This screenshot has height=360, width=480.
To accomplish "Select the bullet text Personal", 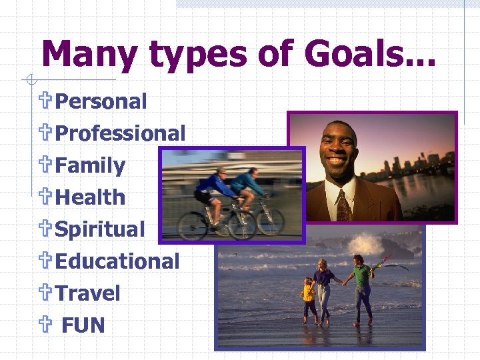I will click(101, 101).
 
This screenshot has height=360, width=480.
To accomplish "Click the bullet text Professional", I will click(120, 133).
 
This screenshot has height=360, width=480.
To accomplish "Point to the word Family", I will click(90, 165).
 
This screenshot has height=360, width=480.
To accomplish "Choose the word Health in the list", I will click(90, 197).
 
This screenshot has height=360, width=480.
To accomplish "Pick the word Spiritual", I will click(99, 229).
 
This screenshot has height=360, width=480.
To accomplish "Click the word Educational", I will click(117, 261).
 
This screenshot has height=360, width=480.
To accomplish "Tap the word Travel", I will click(87, 293).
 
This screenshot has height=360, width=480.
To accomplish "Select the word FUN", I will click(83, 325).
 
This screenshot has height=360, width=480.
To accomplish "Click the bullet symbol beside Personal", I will click(46, 101).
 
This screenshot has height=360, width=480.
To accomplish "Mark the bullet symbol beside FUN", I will click(46, 325).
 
